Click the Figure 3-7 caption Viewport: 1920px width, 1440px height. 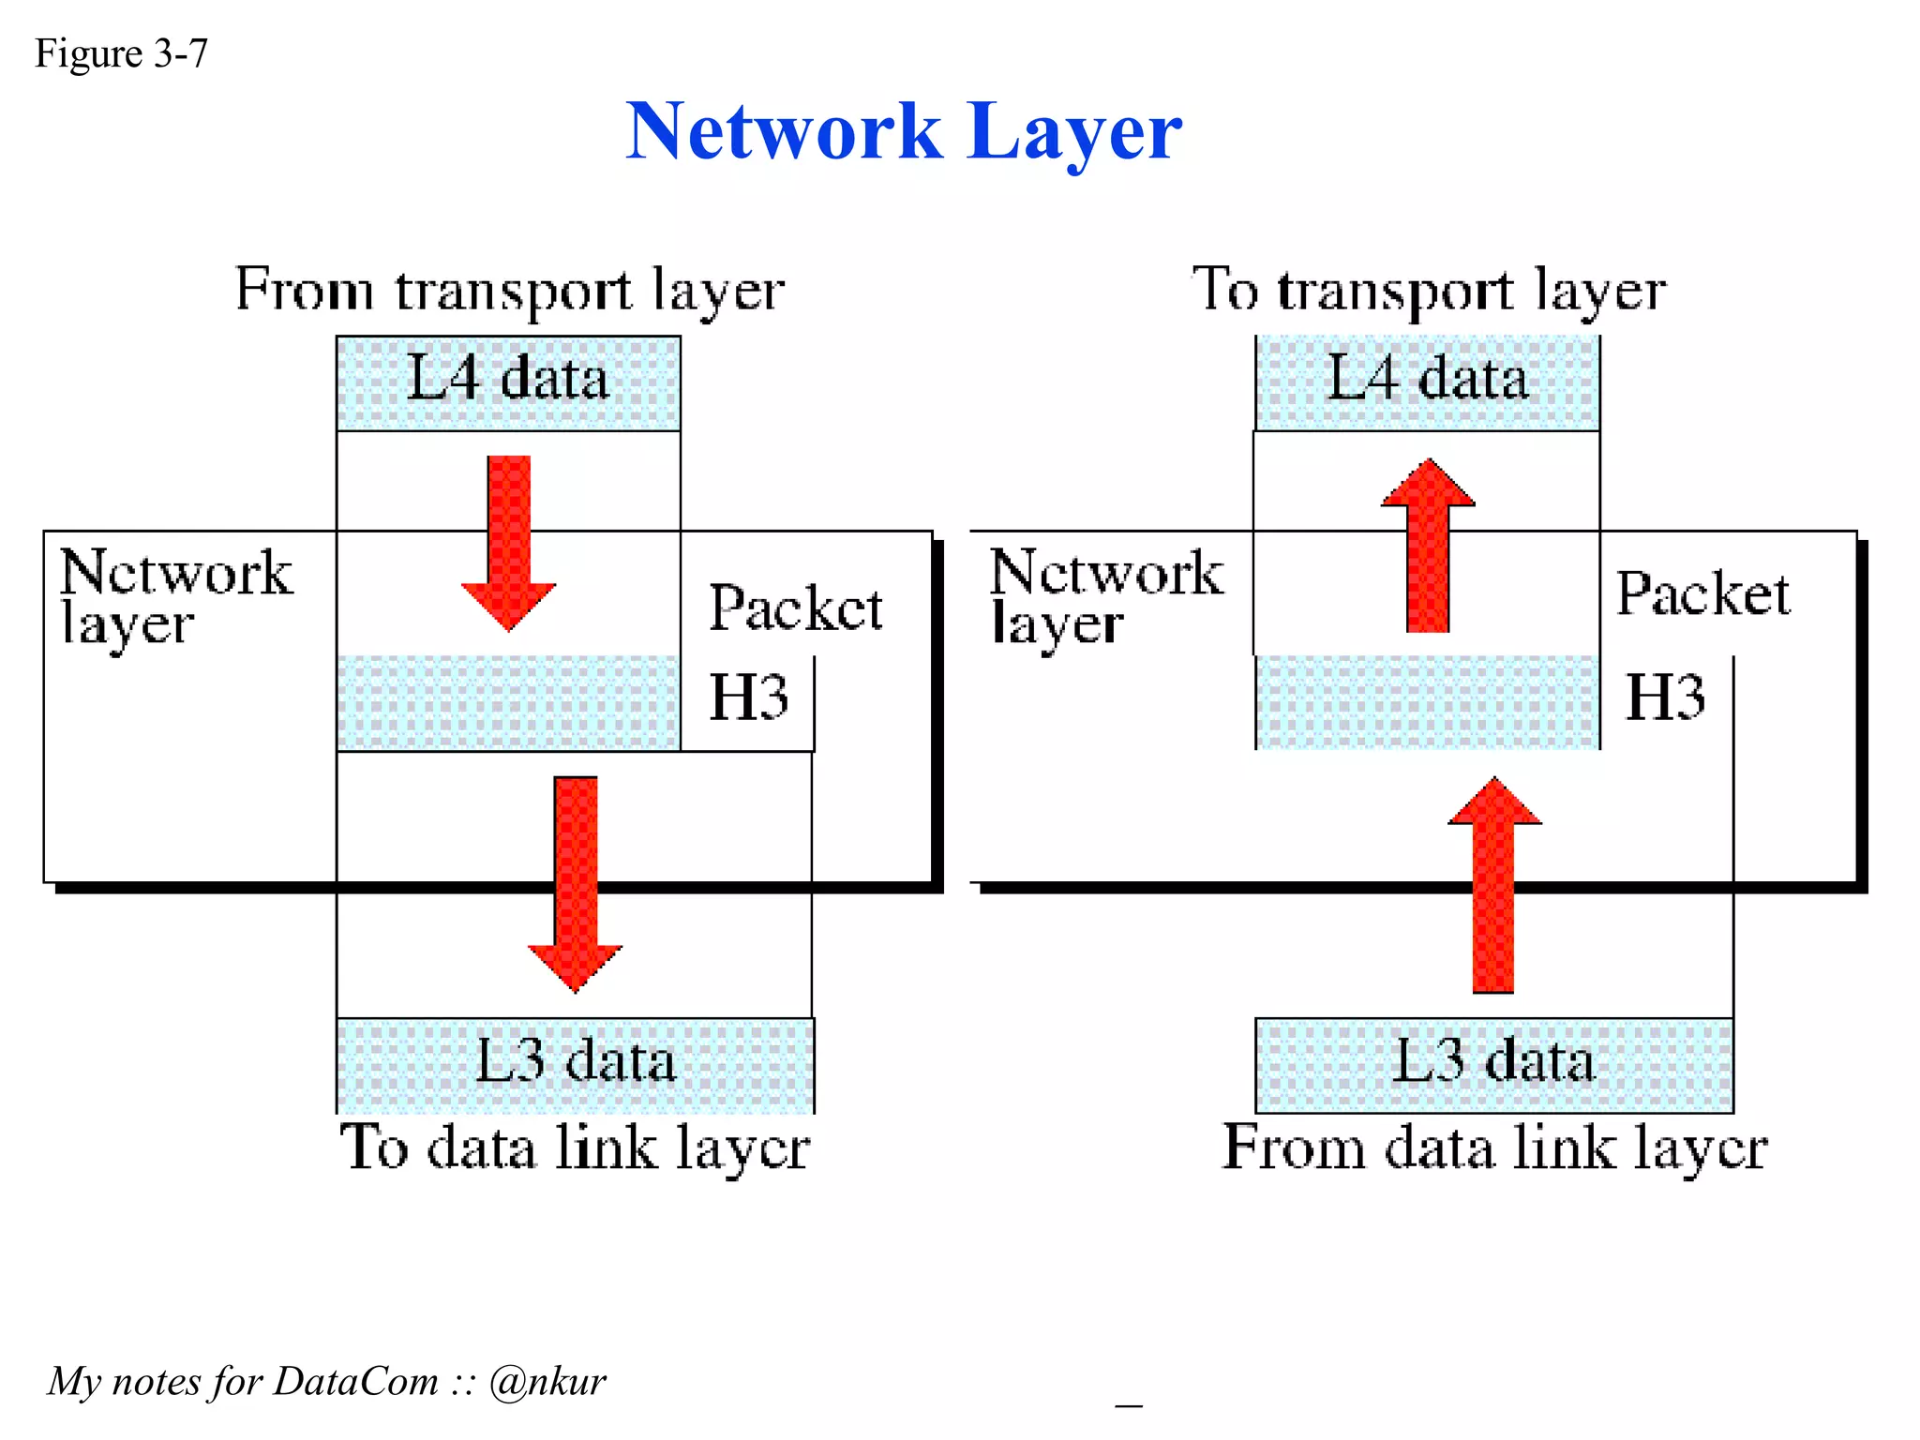click(x=121, y=53)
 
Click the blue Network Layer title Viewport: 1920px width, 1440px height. click(x=903, y=132)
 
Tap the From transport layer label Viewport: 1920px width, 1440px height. click(x=509, y=290)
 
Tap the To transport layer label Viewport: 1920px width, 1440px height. click(x=1429, y=290)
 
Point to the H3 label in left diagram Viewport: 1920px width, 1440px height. click(x=748, y=697)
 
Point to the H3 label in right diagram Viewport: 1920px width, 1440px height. click(x=1665, y=697)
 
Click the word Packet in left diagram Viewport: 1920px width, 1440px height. click(x=795, y=609)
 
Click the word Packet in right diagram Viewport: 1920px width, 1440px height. click(x=1702, y=594)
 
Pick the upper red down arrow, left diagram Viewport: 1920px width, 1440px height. click(x=509, y=542)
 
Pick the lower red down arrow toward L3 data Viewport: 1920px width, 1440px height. click(x=575, y=881)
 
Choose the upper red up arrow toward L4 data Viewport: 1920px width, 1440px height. click(x=1428, y=544)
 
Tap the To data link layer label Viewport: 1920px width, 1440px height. click(x=575, y=1148)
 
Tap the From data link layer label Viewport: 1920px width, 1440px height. click(x=1494, y=1148)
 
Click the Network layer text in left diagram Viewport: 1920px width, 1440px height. click(x=175, y=596)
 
